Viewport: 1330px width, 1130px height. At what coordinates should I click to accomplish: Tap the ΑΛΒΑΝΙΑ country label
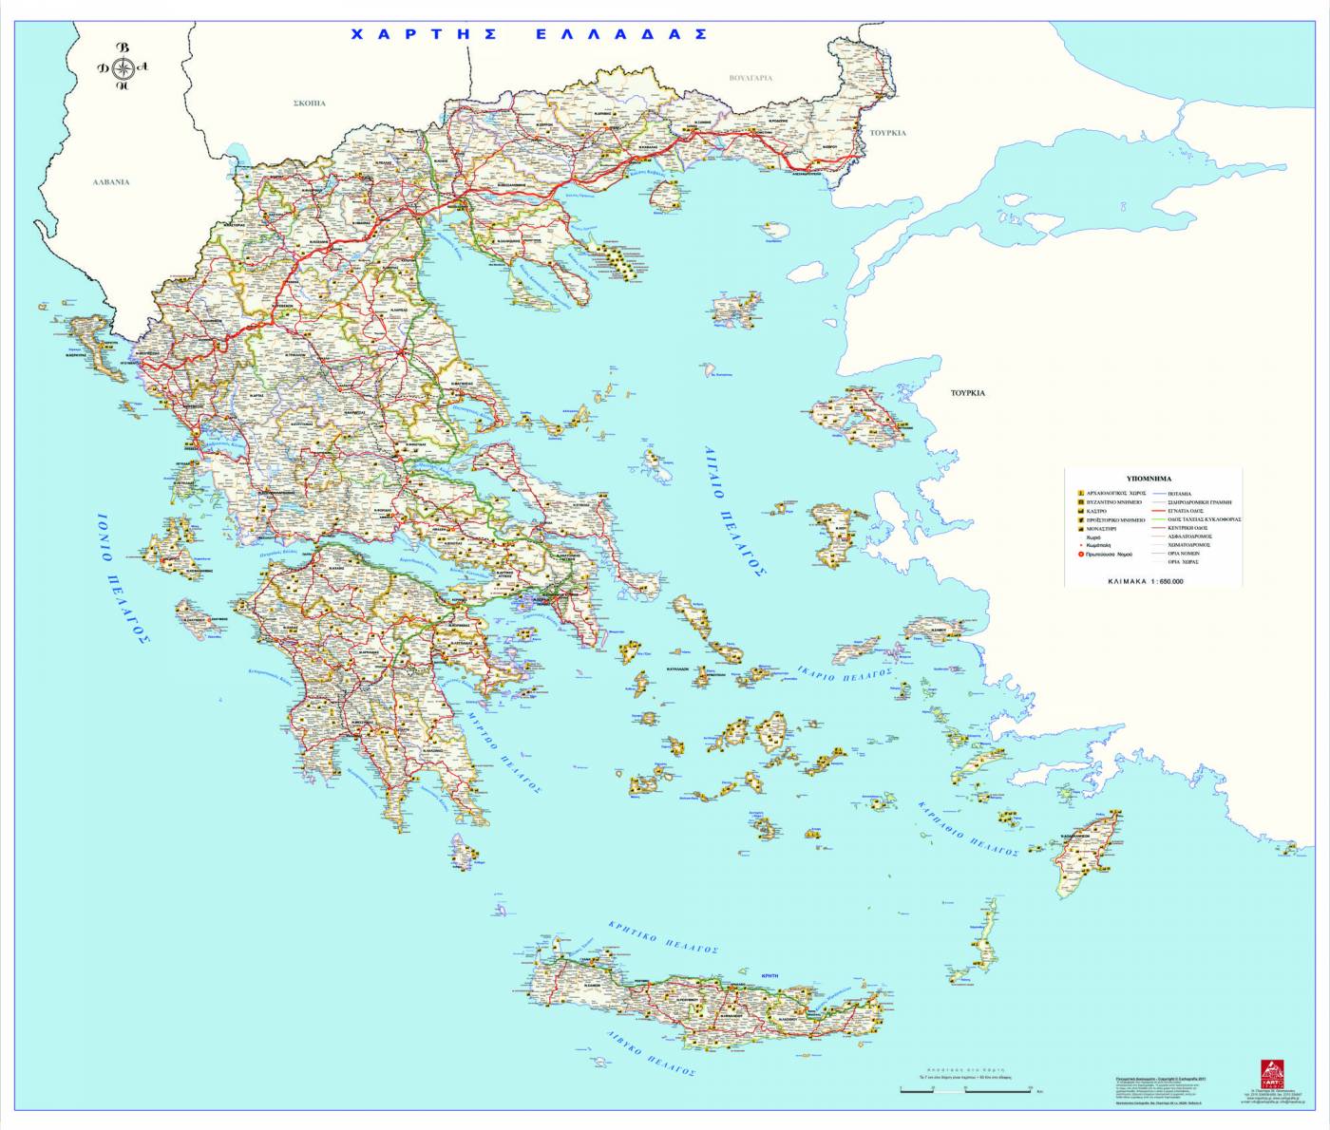tap(110, 181)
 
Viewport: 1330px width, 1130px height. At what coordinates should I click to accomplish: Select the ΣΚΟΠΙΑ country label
tap(310, 103)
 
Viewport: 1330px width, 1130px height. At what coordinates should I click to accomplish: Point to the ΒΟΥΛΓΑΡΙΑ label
tap(750, 78)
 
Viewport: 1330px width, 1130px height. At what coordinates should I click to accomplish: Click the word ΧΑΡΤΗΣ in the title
tap(425, 34)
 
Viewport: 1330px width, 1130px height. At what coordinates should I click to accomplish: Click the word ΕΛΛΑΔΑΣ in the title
tap(621, 34)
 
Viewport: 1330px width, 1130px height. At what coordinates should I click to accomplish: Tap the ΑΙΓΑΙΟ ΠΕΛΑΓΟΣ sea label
tap(734, 510)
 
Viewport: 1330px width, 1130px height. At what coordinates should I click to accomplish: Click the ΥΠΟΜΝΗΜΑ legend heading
tap(1149, 480)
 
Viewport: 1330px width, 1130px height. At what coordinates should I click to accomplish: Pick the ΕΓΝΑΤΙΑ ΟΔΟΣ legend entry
tap(1186, 511)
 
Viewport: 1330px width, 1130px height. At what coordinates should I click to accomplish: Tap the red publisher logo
tap(1271, 1074)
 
